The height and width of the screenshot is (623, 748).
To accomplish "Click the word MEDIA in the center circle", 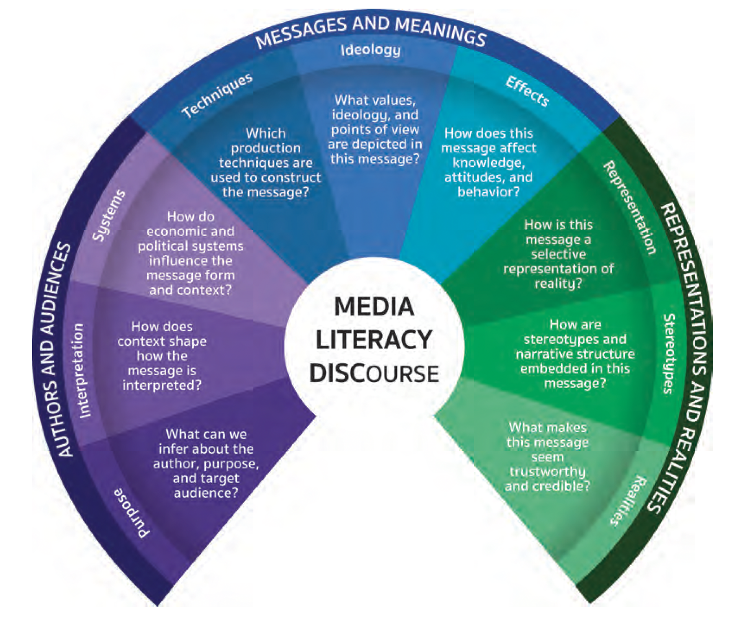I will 374,307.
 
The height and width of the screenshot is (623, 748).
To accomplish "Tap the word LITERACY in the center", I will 374,340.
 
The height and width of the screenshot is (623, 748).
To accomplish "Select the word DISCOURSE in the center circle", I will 374,373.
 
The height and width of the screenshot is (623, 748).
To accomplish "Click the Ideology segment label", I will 370,50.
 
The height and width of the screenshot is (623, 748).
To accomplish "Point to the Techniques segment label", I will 217,95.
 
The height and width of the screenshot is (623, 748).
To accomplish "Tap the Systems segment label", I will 109,215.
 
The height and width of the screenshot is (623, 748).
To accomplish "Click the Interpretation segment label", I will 81,371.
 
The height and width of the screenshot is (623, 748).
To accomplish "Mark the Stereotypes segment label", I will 669,354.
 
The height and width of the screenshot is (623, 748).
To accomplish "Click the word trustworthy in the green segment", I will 547,471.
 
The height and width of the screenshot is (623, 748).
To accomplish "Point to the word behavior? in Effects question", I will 488,192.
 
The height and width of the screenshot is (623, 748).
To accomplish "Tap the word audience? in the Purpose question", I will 206,493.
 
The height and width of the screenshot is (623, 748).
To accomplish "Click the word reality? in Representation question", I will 558,284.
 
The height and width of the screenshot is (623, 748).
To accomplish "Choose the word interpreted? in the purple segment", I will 161,385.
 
